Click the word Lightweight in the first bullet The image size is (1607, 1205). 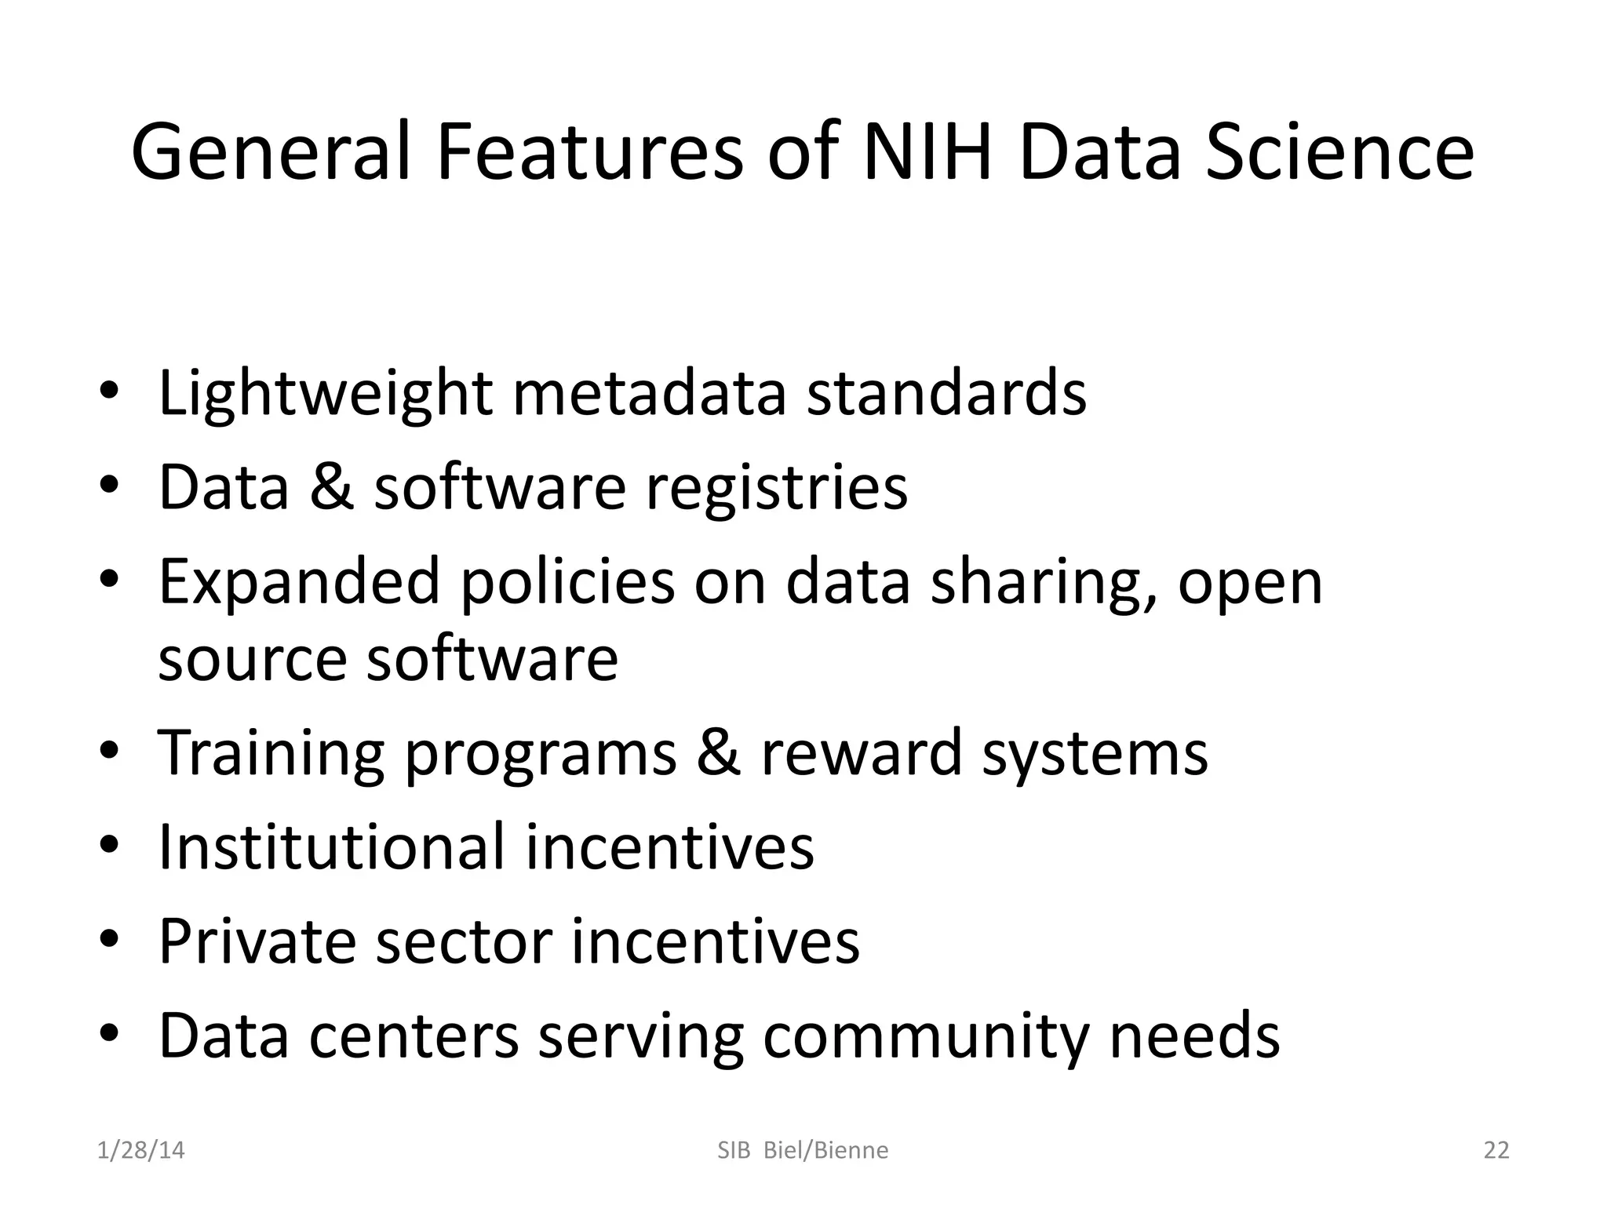[325, 394]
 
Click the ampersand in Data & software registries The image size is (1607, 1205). [331, 487]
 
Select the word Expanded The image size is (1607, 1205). [299, 584]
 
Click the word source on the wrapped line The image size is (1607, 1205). [252, 659]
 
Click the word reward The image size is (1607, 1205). [861, 753]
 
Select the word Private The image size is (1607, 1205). [257, 941]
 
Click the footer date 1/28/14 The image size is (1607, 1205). [141, 1150]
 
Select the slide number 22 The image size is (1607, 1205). [1496, 1150]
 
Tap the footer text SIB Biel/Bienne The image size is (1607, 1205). [803, 1150]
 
